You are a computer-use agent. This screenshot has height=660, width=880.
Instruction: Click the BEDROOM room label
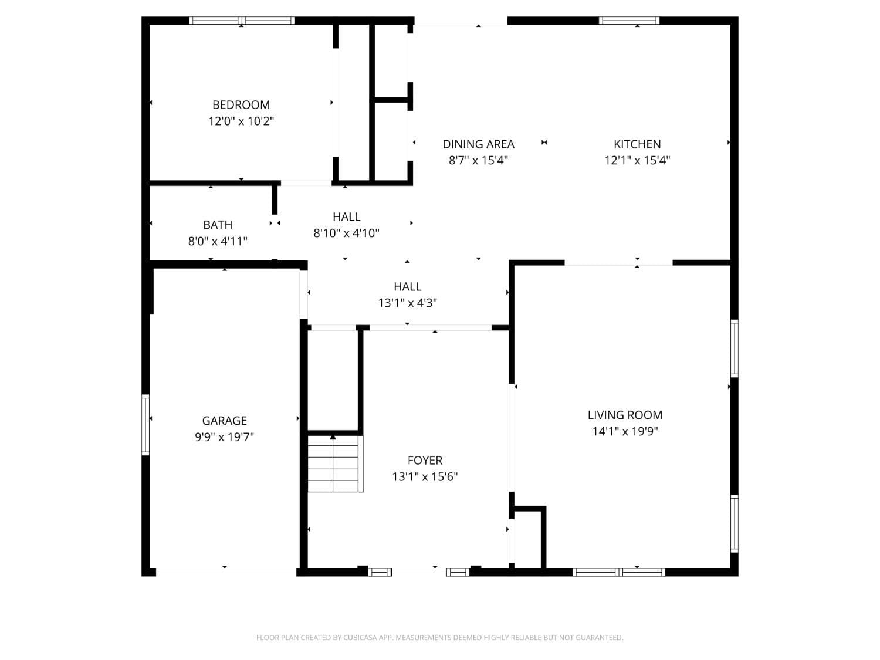tap(241, 105)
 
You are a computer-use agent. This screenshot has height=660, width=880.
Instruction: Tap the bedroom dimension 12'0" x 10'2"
tap(241, 121)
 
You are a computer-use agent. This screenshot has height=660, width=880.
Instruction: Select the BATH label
tap(218, 225)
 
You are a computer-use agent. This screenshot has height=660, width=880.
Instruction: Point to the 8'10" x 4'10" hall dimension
tap(346, 233)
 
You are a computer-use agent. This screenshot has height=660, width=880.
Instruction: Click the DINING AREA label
tap(478, 144)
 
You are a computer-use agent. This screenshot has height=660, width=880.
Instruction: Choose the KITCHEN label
tap(637, 144)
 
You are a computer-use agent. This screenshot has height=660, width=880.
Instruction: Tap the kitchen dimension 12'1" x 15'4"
tap(637, 160)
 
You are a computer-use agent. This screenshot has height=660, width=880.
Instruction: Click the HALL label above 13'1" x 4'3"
tap(407, 286)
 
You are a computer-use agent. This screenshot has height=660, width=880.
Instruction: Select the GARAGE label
tap(224, 421)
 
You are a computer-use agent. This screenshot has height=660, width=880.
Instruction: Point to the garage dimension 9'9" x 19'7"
tap(224, 437)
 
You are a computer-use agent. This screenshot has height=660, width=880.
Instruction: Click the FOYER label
tap(425, 461)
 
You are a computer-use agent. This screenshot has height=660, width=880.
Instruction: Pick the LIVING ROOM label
tap(625, 415)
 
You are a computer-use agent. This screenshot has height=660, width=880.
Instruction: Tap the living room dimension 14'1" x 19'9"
tap(625, 432)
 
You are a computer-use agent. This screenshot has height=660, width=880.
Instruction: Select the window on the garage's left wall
tap(145, 425)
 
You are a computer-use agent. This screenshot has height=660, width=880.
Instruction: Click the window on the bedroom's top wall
tap(242, 21)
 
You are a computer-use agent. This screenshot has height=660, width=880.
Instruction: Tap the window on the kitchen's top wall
tap(629, 21)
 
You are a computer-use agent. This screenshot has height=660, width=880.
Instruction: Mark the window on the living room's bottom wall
tap(619, 572)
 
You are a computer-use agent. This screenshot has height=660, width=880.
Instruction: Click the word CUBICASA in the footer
tap(360, 638)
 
